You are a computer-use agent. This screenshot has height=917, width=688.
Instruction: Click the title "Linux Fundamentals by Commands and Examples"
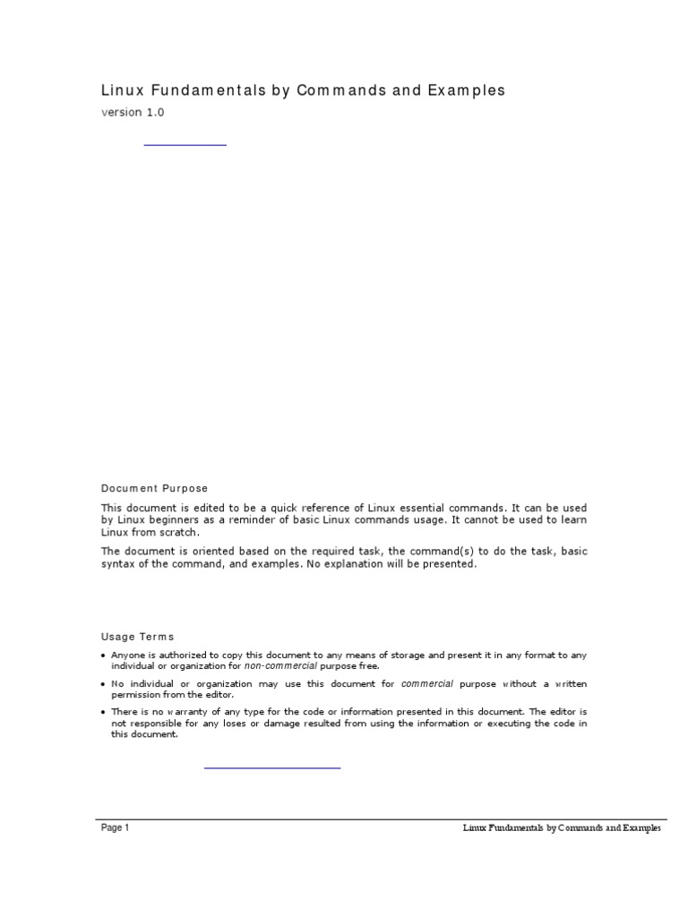point(303,90)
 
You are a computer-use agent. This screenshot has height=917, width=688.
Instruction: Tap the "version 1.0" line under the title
point(133,113)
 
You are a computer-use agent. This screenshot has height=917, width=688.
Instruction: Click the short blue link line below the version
point(185,143)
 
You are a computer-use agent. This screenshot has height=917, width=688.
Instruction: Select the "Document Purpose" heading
point(154,488)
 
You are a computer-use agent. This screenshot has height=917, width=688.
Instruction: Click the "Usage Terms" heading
point(138,637)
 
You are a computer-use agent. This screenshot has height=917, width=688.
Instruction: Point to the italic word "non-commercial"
point(280,666)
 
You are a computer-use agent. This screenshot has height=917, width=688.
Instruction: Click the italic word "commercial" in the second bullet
point(428,684)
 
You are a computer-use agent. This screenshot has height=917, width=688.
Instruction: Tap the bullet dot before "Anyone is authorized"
point(103,656)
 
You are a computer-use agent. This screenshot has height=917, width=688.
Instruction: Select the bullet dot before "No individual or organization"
point(103,684)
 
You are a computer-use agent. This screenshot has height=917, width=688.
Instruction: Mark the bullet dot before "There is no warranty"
point(103,713)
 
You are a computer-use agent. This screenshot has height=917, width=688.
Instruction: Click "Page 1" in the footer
point(116,828)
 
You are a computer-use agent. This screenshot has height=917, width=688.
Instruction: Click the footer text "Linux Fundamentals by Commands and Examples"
point(562,828)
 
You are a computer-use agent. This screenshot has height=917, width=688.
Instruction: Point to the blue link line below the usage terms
point(272,767)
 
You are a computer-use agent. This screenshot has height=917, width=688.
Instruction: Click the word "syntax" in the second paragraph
point(117,565)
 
